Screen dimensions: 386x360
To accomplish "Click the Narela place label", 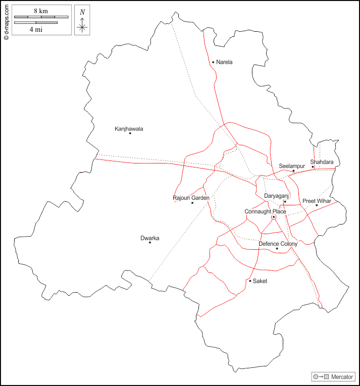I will (224, 62).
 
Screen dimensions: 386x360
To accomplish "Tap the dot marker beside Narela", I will (213, 62).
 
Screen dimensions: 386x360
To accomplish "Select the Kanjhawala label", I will (129, 129).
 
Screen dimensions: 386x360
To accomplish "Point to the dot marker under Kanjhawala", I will (130, 133).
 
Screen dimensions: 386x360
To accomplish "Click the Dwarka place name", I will (150, 238).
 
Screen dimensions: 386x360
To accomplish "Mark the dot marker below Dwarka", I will (150, 243).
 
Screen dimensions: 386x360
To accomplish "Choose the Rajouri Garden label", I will (191, 198).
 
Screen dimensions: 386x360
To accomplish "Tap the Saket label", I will (260, 281).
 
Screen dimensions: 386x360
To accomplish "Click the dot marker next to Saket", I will (250, 281).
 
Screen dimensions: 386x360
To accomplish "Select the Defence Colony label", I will (278, 244).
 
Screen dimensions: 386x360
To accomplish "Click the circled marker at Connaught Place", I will (274, 217).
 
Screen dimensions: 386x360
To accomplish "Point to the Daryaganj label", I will (276, 196).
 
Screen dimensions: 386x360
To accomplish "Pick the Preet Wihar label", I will (317, 201).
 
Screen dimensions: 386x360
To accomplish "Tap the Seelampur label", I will (292, 166).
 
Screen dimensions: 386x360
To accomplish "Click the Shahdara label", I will (322, 162).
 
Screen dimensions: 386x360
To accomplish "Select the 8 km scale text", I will (41, 11).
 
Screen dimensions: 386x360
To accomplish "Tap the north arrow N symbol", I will (82, 12).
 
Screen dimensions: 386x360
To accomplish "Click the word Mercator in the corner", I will (342, 377).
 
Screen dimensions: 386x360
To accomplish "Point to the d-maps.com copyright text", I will (6, 21).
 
